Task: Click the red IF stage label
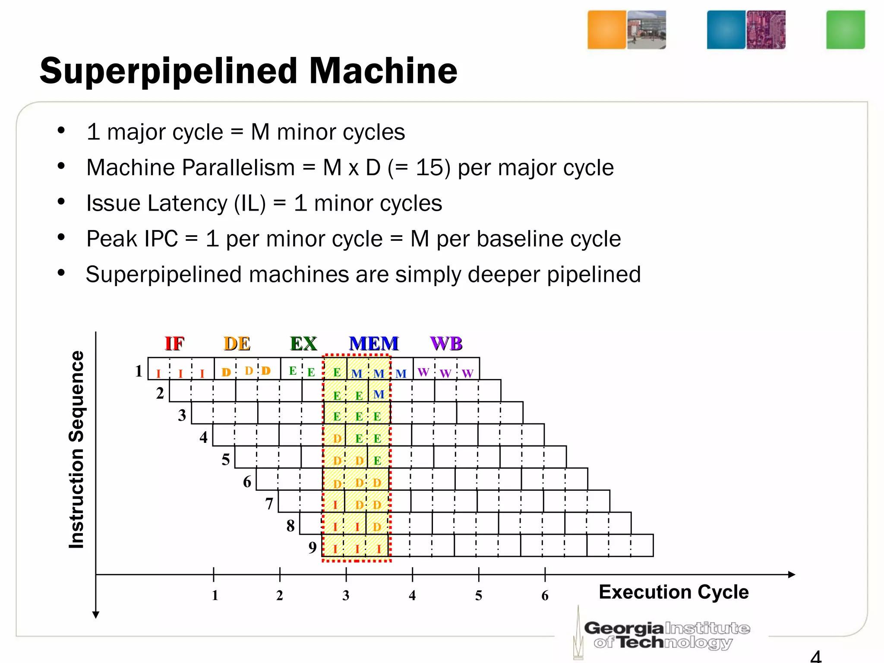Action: (175, 344)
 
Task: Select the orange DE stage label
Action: (237, 344)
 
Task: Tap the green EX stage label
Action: (303, 344)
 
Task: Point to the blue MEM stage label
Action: (374, 344)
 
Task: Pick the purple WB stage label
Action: (446, 344)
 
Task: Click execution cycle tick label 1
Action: (215, 596)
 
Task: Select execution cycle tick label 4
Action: (412, 596)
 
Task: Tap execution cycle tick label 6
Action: (545, 596)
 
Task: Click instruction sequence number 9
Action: (313, 548)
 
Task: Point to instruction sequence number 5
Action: (226, 459)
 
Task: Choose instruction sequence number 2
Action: (160, 393)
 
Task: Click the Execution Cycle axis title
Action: (673, 592)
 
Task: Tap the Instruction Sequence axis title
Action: (76, 449)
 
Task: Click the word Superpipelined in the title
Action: (168, 71)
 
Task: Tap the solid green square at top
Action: (845, 30)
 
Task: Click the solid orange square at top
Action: (606, 30)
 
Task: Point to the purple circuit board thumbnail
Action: (766, 30)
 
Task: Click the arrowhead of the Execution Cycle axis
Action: (791, 575)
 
